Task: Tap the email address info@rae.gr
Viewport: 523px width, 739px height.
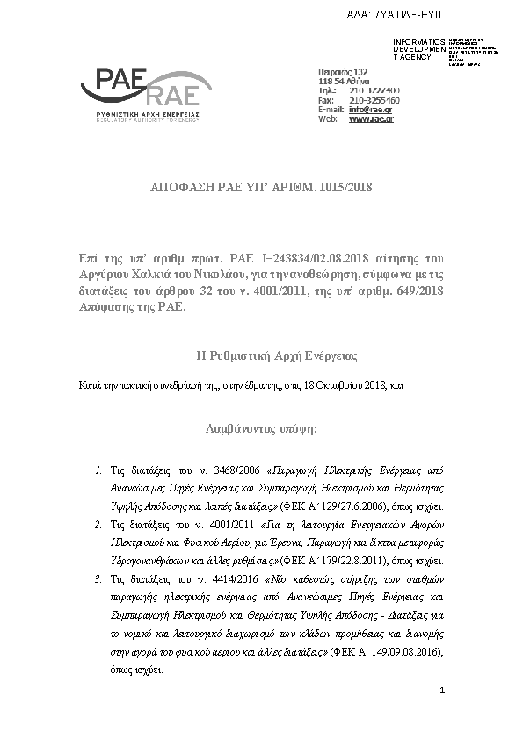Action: click(372, 109)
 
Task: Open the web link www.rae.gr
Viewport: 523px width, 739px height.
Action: click(371, 118)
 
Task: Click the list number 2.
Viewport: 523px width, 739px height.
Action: click(98, 525)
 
